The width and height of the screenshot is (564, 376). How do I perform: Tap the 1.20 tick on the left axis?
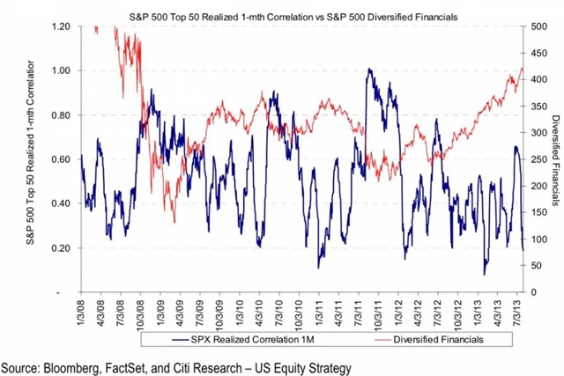[x=58, y=26]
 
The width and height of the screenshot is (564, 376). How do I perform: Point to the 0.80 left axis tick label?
[x=58, y=114]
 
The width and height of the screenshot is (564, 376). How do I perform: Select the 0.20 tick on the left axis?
[x=58, y=247]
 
